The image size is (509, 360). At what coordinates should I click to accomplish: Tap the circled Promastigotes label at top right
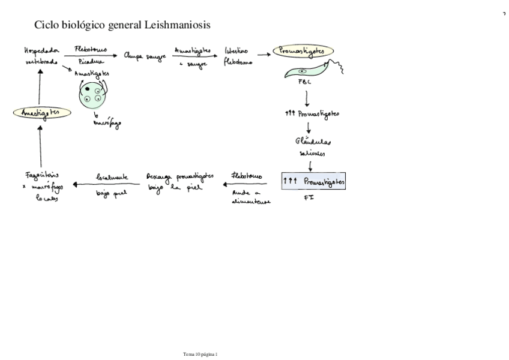(x=303, y=52)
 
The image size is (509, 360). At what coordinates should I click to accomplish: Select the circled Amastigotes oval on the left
(x=42, y=112)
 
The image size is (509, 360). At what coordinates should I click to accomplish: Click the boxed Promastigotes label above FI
(x=314, y=181)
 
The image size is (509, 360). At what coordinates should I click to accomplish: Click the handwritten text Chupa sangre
(x=144, y=56)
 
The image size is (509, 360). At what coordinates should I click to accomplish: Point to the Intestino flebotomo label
(x=238, y=56)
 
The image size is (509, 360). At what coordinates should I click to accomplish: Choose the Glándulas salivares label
(x=313, y=147)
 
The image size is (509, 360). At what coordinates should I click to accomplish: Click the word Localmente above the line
(x=112, y=177)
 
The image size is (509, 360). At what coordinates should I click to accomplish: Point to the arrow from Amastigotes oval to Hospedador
(x=40, y=88)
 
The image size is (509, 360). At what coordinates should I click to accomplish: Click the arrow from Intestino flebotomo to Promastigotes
(x=264, y=53)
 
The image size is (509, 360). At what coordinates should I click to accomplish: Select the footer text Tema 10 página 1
(x=200, y=355)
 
